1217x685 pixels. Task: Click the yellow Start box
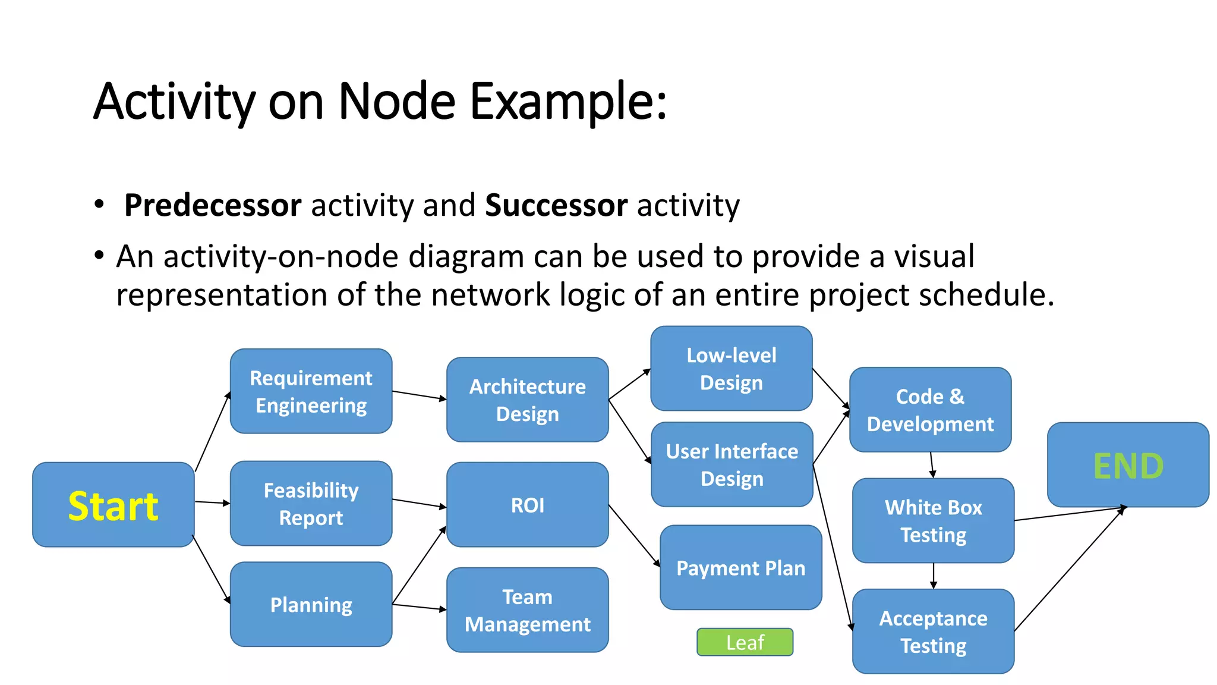point(113,505)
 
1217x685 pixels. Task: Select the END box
point(1127,465)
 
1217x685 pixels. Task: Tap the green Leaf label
point(745,642)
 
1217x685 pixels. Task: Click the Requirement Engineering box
point(311,391)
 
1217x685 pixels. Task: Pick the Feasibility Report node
point(311,504)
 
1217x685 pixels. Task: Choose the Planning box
point(311,604)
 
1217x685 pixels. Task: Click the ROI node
point(527,505)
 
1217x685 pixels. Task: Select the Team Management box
point(527,610)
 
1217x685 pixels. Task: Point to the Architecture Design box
point(527,400)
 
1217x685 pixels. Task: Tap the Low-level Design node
point(731,369)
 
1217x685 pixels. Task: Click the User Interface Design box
point(732,464)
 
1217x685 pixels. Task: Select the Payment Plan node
point(740,567)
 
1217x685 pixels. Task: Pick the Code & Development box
point(930,410)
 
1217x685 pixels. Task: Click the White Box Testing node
point(933,521)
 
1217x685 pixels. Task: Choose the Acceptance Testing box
point(933,631)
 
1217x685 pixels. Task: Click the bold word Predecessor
point(212,205)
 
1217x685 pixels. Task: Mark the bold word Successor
point(556,205)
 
